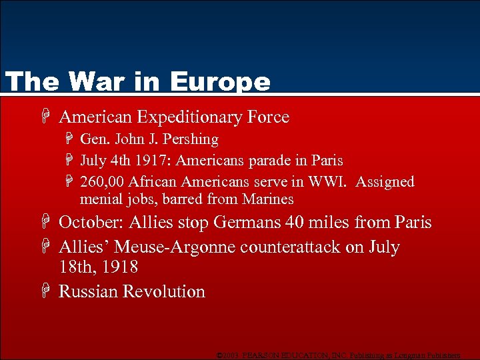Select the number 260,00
point(102,182)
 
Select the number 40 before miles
point(294,223)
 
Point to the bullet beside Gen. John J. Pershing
point(70,140)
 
